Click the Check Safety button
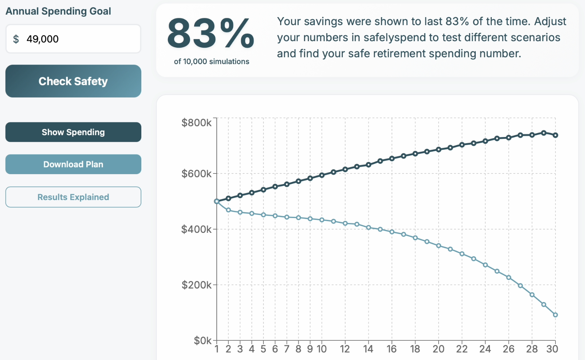pyautogui.click(x=73, y=81)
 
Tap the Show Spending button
pyautogui.click(x=73, y=132)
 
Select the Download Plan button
pyautogui.click(x=73, y=164)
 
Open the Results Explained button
pyautogui.click(x=73, y=197)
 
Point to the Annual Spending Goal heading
pyautogui.click(x=58, y=11)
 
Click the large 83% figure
pyautogui.click(x=211, y=34)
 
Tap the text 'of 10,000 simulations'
pyautogui.click(x=212, y=62)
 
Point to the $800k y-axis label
pyautogui.click(x=196, y=123)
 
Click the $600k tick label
pyautogui.click(x=196, y=174)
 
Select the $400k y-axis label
pyautogui.click(x=196, y=230)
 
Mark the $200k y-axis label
pyautogui.click(x=196, y=285)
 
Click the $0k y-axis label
pyautogui.click(x=203, y=341)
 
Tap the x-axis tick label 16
pyautogui.click(x=392, y=349)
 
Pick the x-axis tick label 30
pyautogui.click(x=552, y=349)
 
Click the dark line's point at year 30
pyautogui.click(x=555, y=135)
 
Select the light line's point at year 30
pyautogui.click(x=555, y=315)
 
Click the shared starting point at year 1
pyautogui.click(x=217, y=201)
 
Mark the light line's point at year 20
pyautogui.click(x=439, y=246)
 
